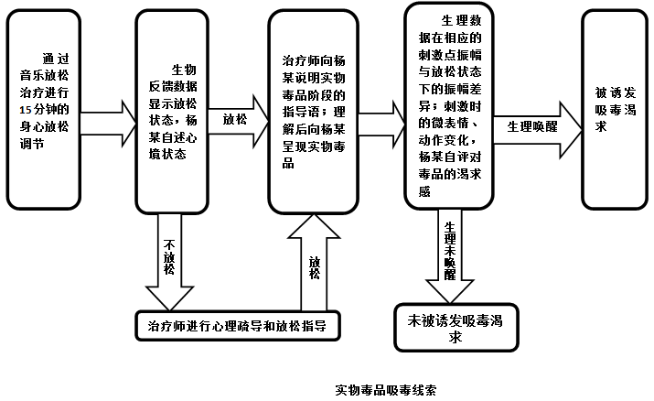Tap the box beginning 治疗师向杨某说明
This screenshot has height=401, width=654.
point(314,111)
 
